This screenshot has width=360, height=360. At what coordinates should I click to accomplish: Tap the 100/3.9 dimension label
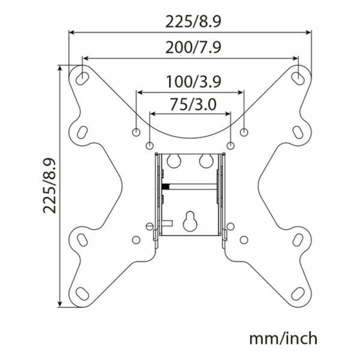click(190, 81)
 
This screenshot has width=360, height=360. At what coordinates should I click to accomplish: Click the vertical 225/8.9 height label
click(50, 185)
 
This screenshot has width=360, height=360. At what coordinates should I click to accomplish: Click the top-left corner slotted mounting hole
click(82, 77)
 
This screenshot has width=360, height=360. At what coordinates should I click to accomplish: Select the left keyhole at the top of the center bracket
click(175, 160)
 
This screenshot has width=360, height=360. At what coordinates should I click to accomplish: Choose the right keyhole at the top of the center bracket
click(205, 160)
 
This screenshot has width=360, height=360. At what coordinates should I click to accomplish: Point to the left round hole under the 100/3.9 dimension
click(136, 131)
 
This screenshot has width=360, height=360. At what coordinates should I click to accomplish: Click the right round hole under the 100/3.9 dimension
click(244, 131)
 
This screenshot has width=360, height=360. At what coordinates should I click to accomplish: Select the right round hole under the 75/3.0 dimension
click(231, 145)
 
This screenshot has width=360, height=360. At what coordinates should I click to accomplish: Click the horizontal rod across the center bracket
click(192, 186)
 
